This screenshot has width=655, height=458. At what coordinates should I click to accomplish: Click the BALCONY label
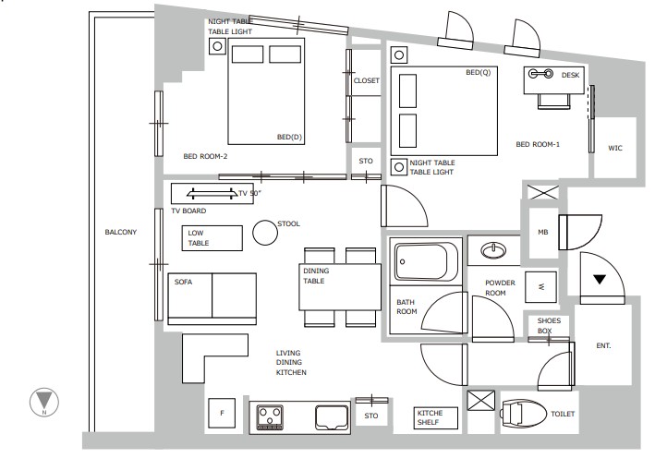121,232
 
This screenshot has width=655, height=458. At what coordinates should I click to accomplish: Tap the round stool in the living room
265,233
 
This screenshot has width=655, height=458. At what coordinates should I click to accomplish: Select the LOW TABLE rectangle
212,238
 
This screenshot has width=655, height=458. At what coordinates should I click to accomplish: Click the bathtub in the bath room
426,261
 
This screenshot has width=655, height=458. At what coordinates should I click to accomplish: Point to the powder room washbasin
493,251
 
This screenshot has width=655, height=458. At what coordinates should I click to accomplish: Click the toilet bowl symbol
524,415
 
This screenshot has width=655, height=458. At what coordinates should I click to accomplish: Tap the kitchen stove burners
270,417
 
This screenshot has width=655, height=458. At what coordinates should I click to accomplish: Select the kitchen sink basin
332,417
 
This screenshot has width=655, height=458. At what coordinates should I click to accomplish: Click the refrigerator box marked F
222,413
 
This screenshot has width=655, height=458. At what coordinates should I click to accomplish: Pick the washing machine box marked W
541,287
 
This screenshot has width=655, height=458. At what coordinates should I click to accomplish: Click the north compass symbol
44,403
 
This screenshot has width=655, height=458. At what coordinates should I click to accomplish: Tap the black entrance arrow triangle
600,279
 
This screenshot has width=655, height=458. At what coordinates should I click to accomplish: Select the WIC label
615,148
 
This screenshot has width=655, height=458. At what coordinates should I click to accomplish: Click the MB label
543,232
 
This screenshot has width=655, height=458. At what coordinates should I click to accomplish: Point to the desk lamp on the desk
540,74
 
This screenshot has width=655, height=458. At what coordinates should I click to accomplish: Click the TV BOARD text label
188,211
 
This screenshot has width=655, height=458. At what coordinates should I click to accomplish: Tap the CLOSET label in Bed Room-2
367,80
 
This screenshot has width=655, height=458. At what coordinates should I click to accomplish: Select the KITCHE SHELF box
436,418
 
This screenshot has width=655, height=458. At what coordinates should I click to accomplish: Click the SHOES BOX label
549,326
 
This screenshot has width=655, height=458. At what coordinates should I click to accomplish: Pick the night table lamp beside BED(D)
217,46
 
